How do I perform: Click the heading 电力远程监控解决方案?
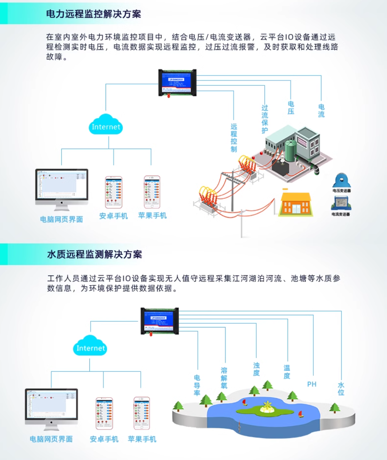tap(93, 14)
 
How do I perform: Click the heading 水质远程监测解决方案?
tap(94, 255)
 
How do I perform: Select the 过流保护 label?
tap(265, 119)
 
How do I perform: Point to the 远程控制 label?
tap(234, 138)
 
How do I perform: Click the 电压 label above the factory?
tap(291, 108)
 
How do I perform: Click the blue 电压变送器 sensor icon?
tap(341, 180)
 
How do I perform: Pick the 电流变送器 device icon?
tap(341, 203)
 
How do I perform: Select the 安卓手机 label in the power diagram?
tap(113, 216)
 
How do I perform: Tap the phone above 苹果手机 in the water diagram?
tap(141, 413)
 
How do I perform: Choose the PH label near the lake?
tap(311, 384)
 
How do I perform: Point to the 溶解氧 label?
tap(224, 378)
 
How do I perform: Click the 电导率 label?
tap(197, 385)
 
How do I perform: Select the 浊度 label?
tap(256, 369)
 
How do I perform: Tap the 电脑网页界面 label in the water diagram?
tap(51, 439)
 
